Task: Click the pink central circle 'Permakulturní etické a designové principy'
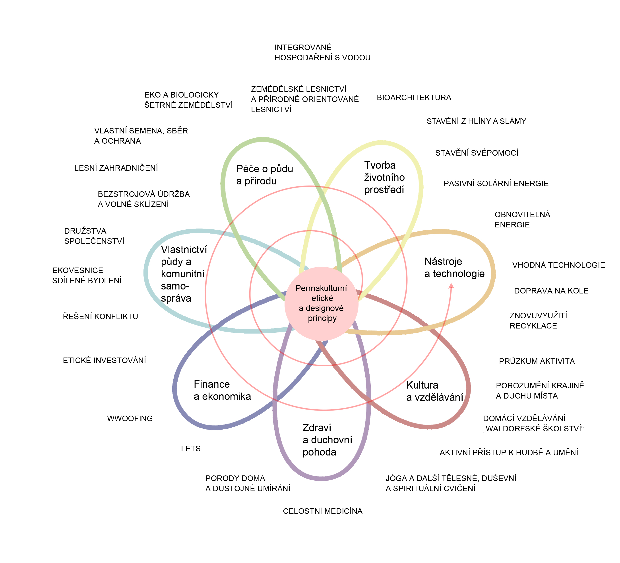tap(321, 303)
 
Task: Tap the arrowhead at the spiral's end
tap(451, 286)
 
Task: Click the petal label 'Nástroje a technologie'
tap(454, 268)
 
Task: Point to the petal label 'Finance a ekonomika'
tap(222, 390)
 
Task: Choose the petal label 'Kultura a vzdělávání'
tap(434, 391)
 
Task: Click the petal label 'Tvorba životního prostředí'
tap(384, 177)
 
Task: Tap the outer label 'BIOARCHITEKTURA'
tap(414, 98)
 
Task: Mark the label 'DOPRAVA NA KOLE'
tap(551, 291)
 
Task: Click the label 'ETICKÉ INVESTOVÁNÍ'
tap(104, 360)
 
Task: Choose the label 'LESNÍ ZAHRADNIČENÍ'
tap(116, 168)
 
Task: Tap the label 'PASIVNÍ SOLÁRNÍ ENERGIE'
tap(496, 184)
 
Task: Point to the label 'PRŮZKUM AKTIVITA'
tap(537, 361)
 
